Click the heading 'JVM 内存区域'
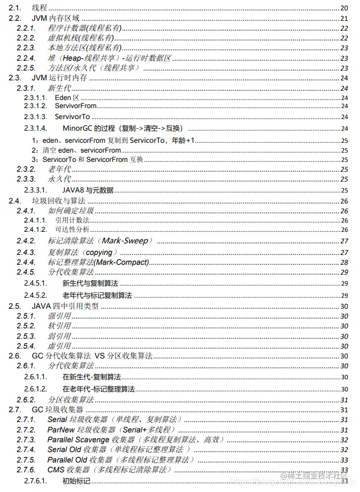55,18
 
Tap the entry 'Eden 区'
67,97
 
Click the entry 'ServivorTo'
72,117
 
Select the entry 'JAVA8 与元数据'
88,190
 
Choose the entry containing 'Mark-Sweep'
98,241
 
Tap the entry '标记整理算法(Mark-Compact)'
98,262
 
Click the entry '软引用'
60,326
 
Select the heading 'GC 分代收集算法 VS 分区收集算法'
92,356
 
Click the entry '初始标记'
76,481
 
